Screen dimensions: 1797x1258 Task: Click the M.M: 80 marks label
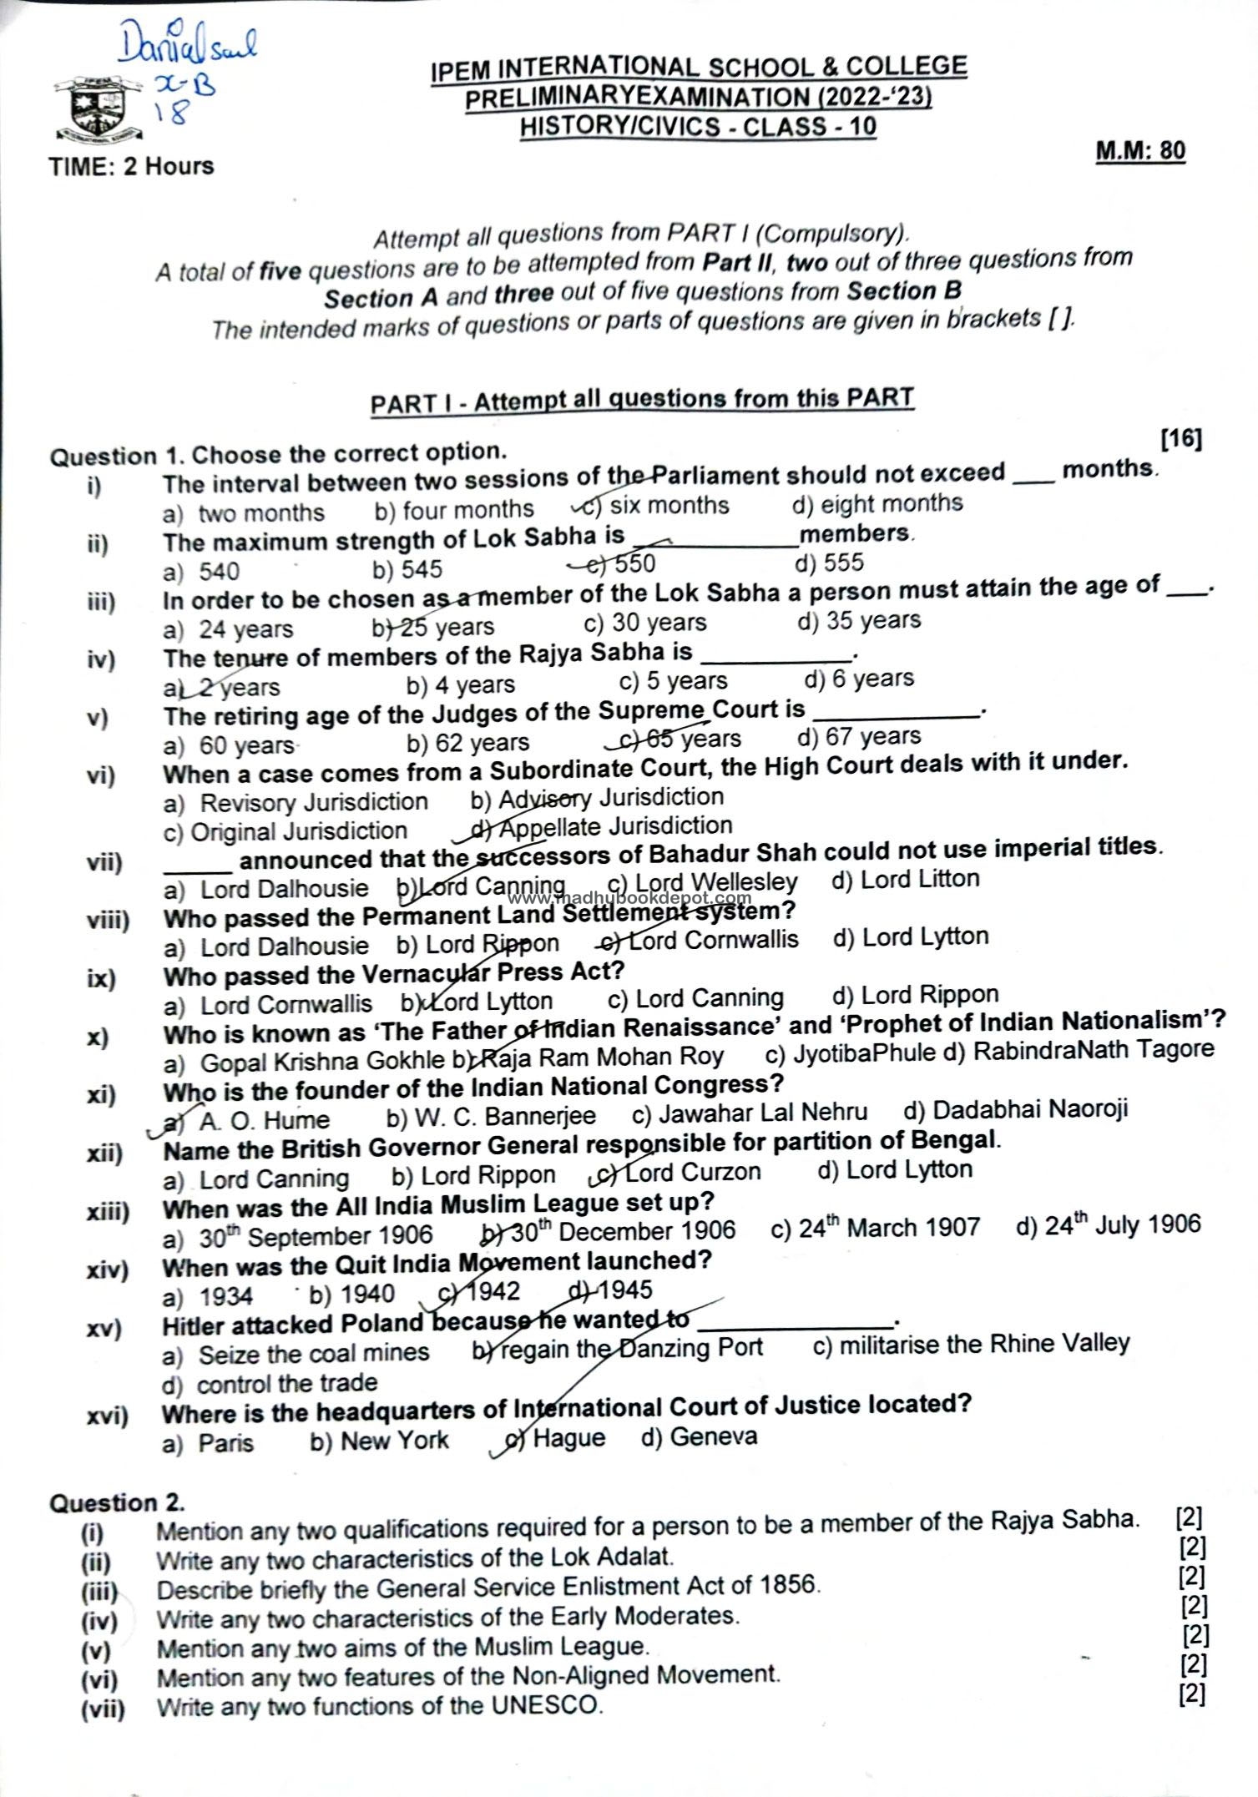pyautogui.click(x=1139, y=151)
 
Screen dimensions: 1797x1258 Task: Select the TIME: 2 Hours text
pyautogui.click(x=132, y=166)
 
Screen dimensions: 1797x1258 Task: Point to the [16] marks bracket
pyautogui.click(x=1180, y=438)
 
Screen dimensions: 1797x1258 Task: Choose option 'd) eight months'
pyautogui.click(x=877, y=504)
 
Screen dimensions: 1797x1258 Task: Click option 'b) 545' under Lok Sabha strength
pyautogui.click(x=407, y=569)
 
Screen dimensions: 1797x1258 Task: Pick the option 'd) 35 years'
pyautogui.click(x=859, y=621)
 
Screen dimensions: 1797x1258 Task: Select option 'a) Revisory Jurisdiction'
pyautogui.click(x=296, y=803)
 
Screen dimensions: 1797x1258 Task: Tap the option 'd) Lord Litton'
pyautogui.click(x=906, y=879)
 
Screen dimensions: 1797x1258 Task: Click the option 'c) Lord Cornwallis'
pyautogui.click(x=701, y=940)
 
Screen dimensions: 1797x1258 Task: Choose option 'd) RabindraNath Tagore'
pyautogui.click(x=1079, y=1051)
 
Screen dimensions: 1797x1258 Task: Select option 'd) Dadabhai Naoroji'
pyautogui.click(x=1015, y=1110)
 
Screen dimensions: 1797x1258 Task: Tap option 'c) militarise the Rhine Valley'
pyautogui.click(x=971, y=1345)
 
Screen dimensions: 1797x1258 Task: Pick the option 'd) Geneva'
pyautogui.click(x=699, y=1437)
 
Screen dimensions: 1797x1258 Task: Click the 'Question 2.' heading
pyautogui.click(x=117, y=1503)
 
